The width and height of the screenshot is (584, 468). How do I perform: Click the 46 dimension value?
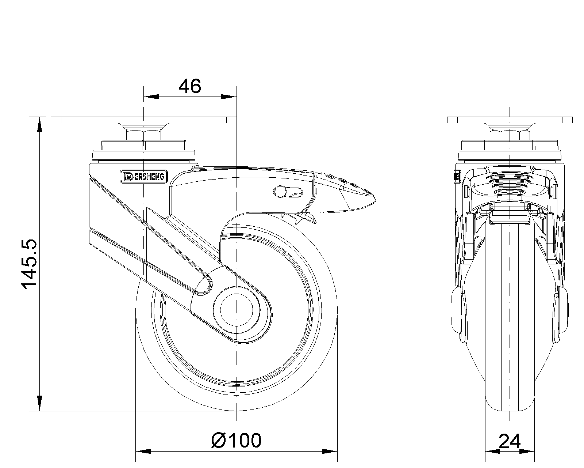[x=189, y=86]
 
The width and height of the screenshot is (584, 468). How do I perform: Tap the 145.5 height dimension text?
[x=29, y=264]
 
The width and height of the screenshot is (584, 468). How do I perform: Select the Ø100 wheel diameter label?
[x=237, y=440]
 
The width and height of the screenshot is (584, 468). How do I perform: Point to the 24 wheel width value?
[x=509, y=442]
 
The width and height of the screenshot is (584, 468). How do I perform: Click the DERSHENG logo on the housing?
[x=144, y=177]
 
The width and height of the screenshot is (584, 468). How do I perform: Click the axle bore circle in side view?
[x=237, y=310]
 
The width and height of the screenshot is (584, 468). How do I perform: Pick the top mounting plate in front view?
[x=510, y=120]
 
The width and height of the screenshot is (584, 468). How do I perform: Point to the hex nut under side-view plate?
[x=144, y=134]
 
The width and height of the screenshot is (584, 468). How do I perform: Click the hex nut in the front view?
[x=510, y=134]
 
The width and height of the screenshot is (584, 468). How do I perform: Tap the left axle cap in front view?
[x=458, y=309]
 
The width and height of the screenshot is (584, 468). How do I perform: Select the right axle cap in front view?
[x=562, y=309]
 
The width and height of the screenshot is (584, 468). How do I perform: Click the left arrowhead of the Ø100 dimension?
[x=142, y=452]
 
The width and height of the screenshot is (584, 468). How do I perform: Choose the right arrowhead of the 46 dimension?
[x=229, y=97]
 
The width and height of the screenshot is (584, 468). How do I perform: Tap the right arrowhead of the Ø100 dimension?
[x=330, y=452]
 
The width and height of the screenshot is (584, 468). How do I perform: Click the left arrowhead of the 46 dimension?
[x=151, y=97]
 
